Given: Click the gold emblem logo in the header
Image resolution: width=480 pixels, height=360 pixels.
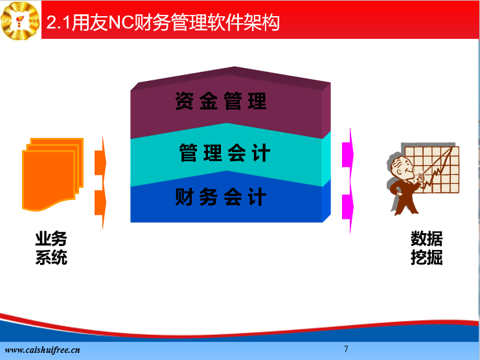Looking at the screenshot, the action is tap(20, 20).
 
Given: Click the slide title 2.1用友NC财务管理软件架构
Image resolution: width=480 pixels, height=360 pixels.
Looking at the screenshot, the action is tap(163, 22).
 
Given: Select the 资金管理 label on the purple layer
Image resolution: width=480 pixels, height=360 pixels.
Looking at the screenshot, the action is tap(221, 100).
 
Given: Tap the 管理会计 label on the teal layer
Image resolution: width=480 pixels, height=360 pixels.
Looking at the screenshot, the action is tap(225, 153).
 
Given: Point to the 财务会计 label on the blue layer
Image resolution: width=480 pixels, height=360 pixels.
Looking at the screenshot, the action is tap(221, 197).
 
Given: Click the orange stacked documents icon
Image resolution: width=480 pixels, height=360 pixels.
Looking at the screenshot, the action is tap(52, 174).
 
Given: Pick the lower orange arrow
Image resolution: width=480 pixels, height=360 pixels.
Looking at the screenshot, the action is tap(100, 203).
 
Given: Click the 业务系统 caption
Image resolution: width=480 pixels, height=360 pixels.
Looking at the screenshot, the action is tap(51, 248).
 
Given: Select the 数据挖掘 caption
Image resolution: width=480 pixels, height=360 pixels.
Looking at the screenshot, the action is tap(426, 248).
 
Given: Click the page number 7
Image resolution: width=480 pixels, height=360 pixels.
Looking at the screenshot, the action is tap(346, 349).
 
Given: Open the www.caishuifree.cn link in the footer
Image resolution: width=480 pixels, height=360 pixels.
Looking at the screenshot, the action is tap(42, 350).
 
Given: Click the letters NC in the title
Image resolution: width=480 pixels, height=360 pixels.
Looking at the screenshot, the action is tap(121, 23).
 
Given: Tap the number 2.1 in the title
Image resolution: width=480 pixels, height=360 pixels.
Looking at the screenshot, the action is tap(59, 23).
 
